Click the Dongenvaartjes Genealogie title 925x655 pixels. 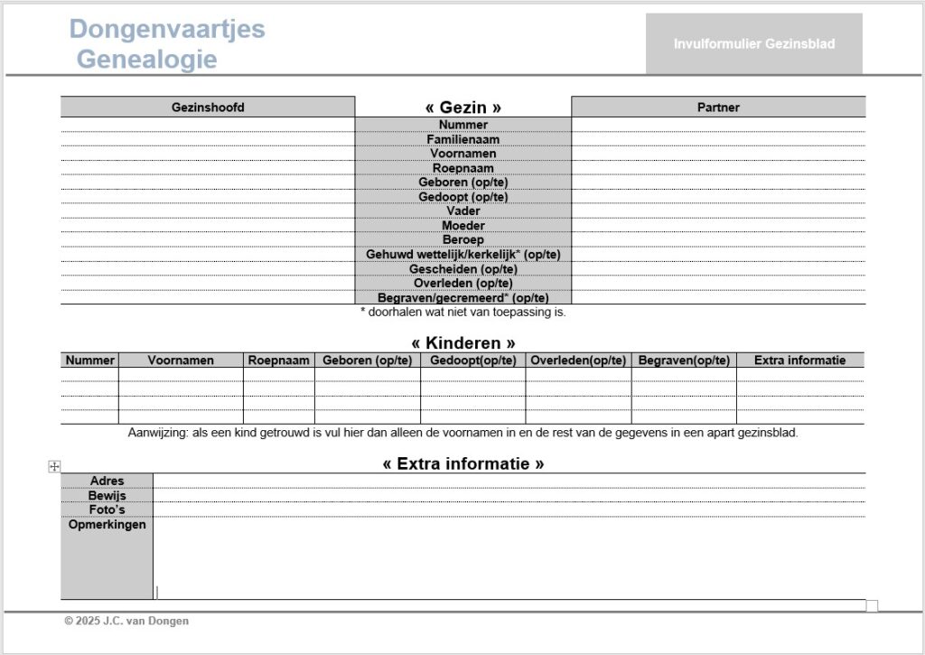click(167, 43)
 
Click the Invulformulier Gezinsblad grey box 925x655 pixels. click(753, 43)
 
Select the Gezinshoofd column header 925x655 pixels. click(208, 108)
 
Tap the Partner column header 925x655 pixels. click(718, 108)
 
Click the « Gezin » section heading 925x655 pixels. click(462, 108)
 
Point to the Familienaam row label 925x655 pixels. click(462, 139)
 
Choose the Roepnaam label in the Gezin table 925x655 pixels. click(462, 168)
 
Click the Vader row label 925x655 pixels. click(462, 211)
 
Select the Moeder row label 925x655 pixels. click(462, 226)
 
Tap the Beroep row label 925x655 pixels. click(462, 240)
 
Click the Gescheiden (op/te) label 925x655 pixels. click(462, 269)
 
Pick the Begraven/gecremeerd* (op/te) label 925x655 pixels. click(462, 298)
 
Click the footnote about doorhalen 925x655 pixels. click(462, 313)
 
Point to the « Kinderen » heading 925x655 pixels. click(462, 343)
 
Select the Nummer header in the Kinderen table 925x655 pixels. click(89, 360)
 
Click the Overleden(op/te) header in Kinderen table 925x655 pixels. click(578, 360)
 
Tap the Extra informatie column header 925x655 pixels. click(799, 360)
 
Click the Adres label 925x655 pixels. click(107, 481)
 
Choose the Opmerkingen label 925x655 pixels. click(107, 524)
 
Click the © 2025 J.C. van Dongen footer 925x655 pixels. click(126, 621)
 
